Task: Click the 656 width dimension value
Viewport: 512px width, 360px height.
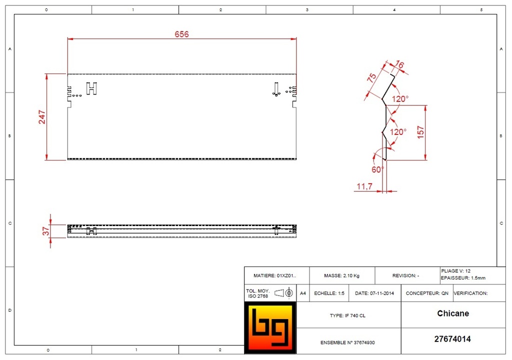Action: point(181,34)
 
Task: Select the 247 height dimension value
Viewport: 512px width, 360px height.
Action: point(42,117)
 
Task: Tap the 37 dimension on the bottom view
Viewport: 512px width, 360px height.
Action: point(46,231)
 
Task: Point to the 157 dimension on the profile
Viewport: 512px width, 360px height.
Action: point(420,132)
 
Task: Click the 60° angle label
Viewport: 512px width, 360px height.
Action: point(378,169)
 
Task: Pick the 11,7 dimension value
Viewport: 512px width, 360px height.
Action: point(364,186)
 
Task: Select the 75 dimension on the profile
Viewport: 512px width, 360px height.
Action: point(371,77)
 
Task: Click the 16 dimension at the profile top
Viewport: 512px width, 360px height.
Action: point(399,64)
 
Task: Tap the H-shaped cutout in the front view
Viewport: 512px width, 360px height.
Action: point(92,88)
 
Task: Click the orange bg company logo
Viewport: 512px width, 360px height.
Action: point(270,327)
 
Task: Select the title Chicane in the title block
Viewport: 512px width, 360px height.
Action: point(453,313)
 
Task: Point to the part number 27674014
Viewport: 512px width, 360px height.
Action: point(452,339)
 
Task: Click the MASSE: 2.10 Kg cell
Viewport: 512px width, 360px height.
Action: point(342,275)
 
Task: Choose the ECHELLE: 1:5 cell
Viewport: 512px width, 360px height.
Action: point(329,293)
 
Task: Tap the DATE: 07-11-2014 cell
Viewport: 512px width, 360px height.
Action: point(374,293)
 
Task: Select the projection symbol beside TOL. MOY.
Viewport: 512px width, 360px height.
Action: point(283,292)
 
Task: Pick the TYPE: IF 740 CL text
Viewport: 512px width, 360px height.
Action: point(347,315)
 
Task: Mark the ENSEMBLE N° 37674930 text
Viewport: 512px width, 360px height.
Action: point(347,342)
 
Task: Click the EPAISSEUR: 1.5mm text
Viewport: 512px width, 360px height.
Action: point(463,278)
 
